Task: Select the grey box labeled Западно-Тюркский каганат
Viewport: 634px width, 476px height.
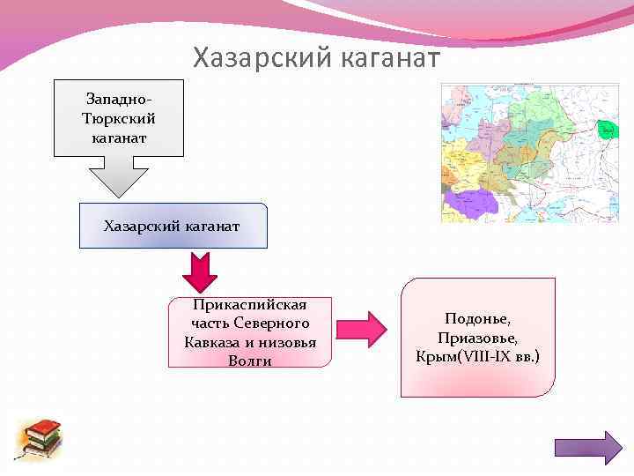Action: [x=119, y=116]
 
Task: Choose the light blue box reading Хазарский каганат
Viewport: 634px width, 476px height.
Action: [x=173, y=226]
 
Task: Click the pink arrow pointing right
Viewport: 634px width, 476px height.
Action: [x=361, y=331]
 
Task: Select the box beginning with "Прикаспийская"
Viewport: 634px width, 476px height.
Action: [x=250, y=331]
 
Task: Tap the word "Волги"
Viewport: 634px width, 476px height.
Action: [x=250, y=360]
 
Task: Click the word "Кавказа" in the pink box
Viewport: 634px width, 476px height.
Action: [x=211, y=341]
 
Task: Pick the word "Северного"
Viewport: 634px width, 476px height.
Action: [x=273, y=323]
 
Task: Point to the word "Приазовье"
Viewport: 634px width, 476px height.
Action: [x=477, y=338]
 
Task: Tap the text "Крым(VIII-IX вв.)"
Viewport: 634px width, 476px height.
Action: [x=477, y=357]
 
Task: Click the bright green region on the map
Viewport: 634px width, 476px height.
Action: [x=607, y=130]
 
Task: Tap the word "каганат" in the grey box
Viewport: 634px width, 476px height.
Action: [x=119, y=138]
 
